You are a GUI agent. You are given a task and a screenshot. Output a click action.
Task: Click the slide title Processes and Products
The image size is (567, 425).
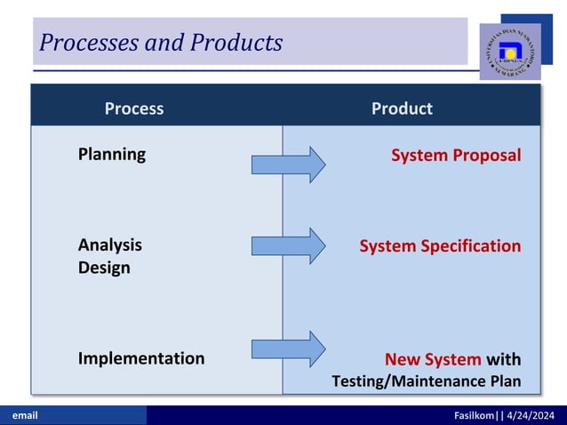pos(161,42)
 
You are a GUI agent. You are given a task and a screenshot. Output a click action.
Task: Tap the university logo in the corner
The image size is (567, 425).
pos(510,51)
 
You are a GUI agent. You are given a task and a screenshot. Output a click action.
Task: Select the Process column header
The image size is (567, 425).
pos(134,108)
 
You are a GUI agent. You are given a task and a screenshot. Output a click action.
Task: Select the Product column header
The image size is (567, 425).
pos(402,108)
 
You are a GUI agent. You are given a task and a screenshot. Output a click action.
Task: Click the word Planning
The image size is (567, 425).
pos(112,154)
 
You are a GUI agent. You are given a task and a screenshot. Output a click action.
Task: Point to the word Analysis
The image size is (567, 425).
pos(109,245)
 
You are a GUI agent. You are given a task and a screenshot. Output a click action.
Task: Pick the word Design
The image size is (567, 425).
pos(104,268)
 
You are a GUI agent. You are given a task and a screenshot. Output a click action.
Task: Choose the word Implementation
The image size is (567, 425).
pos(141,358)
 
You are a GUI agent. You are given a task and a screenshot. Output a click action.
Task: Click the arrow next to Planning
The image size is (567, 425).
pos(289,164)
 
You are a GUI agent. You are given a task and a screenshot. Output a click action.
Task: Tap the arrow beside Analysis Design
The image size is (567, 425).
pos(289,245)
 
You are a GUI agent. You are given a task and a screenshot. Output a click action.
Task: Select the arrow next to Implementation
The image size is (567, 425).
pos(289,349)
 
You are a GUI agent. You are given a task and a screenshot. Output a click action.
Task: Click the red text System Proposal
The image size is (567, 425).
pos(456,155)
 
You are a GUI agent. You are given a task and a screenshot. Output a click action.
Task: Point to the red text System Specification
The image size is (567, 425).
pos(440,245)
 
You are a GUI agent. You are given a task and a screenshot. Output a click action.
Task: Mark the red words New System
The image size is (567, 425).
pos(433,359)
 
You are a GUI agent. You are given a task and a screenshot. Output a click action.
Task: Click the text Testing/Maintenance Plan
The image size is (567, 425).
pos(426,381)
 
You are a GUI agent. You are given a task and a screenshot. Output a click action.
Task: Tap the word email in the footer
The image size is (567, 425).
pos(23,415)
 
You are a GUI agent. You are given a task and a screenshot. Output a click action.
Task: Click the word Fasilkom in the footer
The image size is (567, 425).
pos(474,415)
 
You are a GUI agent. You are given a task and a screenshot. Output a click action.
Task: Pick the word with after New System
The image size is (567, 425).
pos(504,359)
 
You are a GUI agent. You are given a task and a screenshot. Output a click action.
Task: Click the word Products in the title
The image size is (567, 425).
pos(236,42)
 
